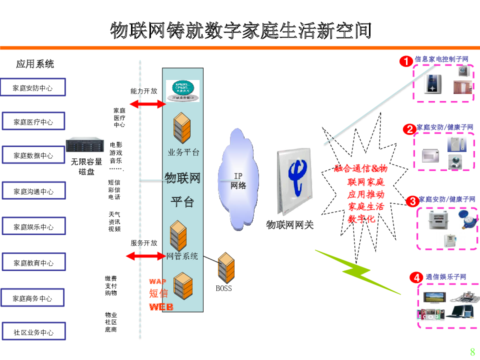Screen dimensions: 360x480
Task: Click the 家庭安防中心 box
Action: tap(33, 88)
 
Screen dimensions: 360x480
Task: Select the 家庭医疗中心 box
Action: tap(33, 122)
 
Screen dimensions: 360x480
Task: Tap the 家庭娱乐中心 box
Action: tap(33, 227)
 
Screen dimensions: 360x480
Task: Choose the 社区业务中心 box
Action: tap(33, 332)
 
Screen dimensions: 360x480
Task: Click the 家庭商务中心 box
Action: tap(33, 298)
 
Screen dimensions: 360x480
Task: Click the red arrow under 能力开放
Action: tap(147, 104)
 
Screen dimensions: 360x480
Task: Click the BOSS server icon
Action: tap(226, 268)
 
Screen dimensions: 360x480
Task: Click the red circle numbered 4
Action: tap(415, 277)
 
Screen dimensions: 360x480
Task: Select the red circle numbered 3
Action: tap(412, 201)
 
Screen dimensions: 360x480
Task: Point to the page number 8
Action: tap(472, 351)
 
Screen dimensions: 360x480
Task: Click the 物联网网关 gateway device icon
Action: tap(295, 182)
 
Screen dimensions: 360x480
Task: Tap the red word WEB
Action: tap(161, 307)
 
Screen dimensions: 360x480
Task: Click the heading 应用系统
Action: tap(34, 64)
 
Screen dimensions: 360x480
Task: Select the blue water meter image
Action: tap(468, 218)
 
